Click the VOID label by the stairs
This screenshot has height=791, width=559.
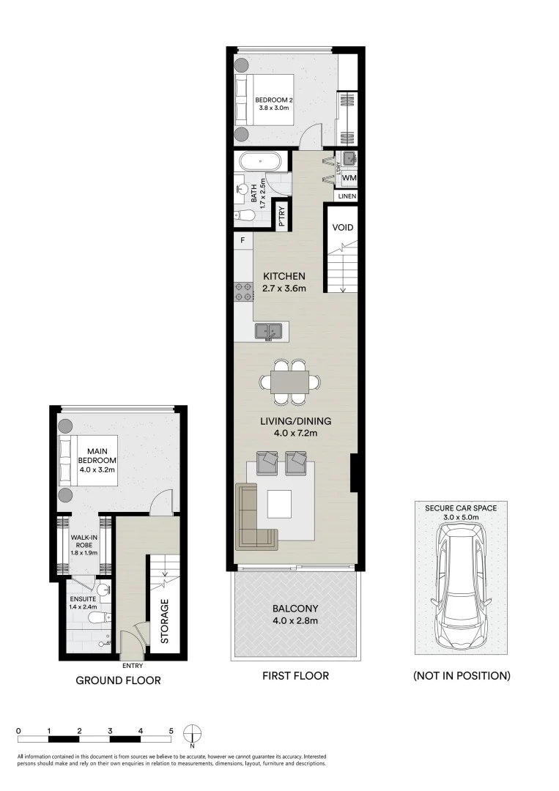(x=343, y=228)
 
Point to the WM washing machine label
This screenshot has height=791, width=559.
(x=349, y=177)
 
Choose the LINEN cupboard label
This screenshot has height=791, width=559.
(x=347, y=196)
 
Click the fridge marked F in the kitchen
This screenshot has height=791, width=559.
(x=243, y=239)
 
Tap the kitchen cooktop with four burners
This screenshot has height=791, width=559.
(x=243, y=291)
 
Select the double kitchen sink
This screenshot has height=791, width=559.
(x=270, y=332)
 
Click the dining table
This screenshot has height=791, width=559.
(x=289, y=382)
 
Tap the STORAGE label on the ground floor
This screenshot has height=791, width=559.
(x=165, y=621)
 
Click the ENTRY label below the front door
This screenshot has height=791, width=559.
(x=133, y=666)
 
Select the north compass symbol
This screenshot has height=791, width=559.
(x=192, y=733)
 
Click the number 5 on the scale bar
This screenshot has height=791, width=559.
(x=171, y=730)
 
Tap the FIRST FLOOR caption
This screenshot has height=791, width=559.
(x=295, y=675)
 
